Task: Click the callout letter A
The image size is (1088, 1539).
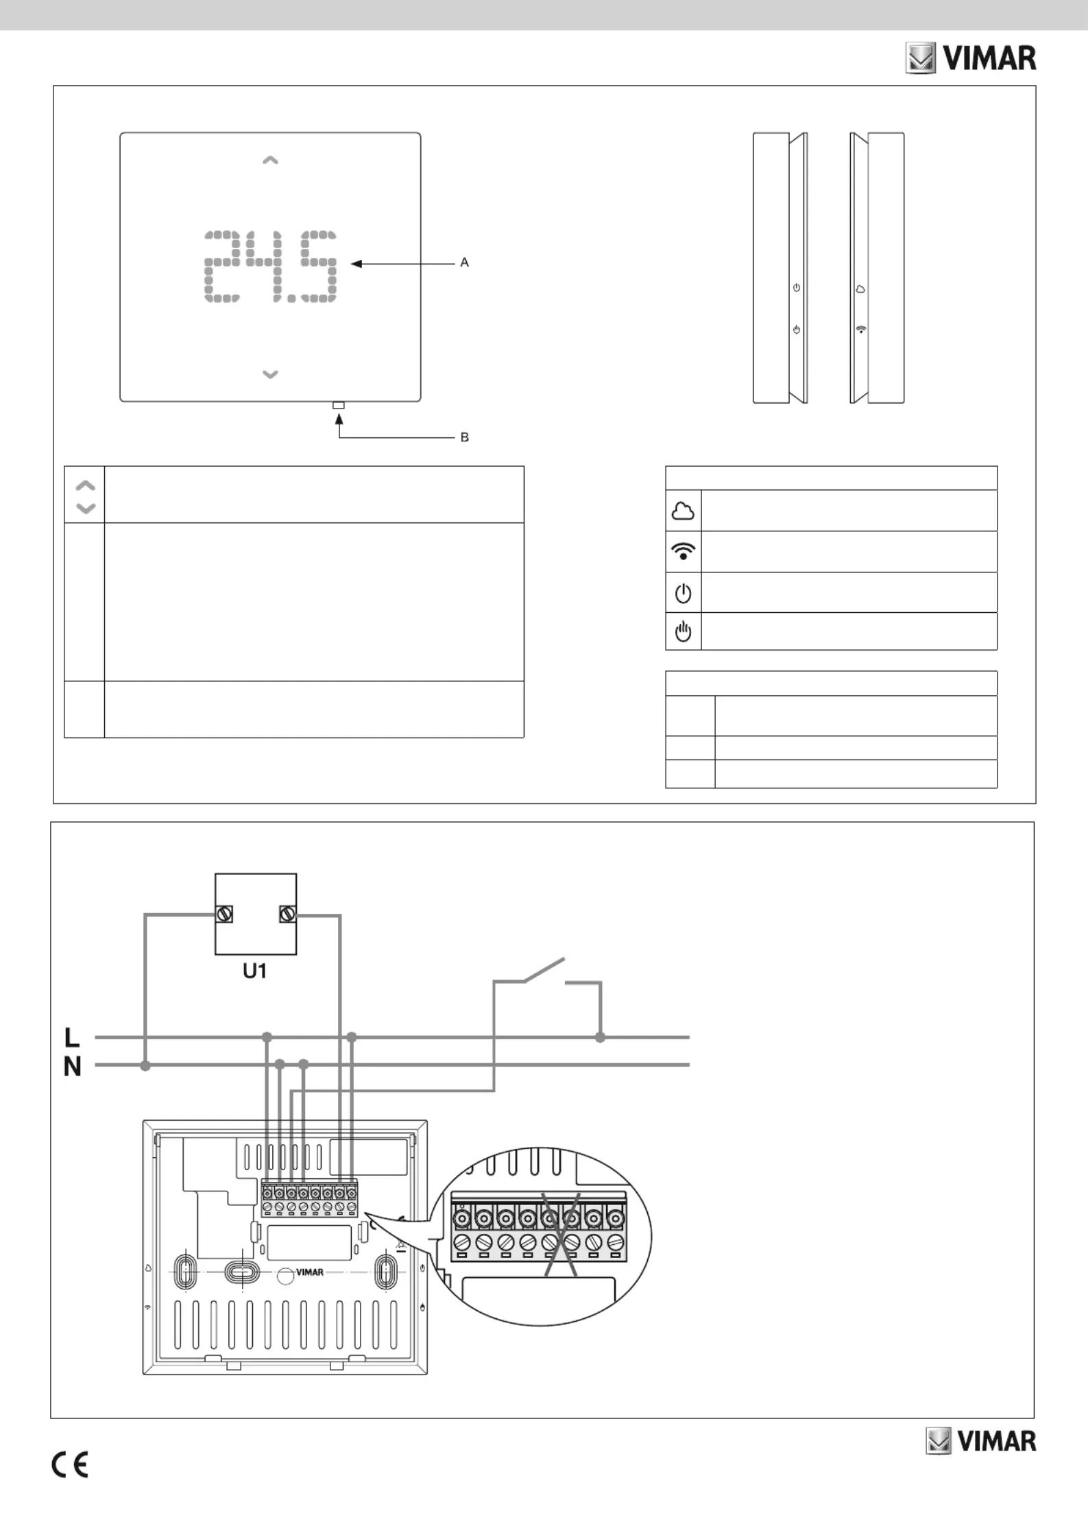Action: (x=464, y=263)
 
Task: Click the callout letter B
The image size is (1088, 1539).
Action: (x=464, y=437)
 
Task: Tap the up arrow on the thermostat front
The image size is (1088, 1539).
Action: (x=270, y=160)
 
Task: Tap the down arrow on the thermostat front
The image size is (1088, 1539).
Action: (x=270, y=374)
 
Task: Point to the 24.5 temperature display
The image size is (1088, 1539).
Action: (x=271, y=267)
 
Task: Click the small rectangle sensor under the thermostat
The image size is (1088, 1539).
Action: (x=338, y=405)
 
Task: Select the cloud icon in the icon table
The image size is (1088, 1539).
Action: (x=683, y=511)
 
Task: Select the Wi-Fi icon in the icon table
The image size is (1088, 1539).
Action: (x=683, y=551)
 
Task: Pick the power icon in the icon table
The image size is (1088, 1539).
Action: (x=683, y=593)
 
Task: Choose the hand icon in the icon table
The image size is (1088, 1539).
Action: (x=683, y=631)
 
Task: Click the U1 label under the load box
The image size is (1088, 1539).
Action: (x=254, y=971)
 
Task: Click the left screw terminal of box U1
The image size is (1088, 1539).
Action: (x=224, y=914)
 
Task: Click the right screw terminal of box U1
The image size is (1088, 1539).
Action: (x=288, y=914)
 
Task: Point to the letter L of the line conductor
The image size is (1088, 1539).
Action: (x=71, y=1037)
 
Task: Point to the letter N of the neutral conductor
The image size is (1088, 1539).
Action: (x=72, y=1067)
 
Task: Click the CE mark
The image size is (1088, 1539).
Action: (x=69, y=1465)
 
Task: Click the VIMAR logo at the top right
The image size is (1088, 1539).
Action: (x=971, y=58)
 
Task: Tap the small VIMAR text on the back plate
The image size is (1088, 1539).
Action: (x=310, y=1272)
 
